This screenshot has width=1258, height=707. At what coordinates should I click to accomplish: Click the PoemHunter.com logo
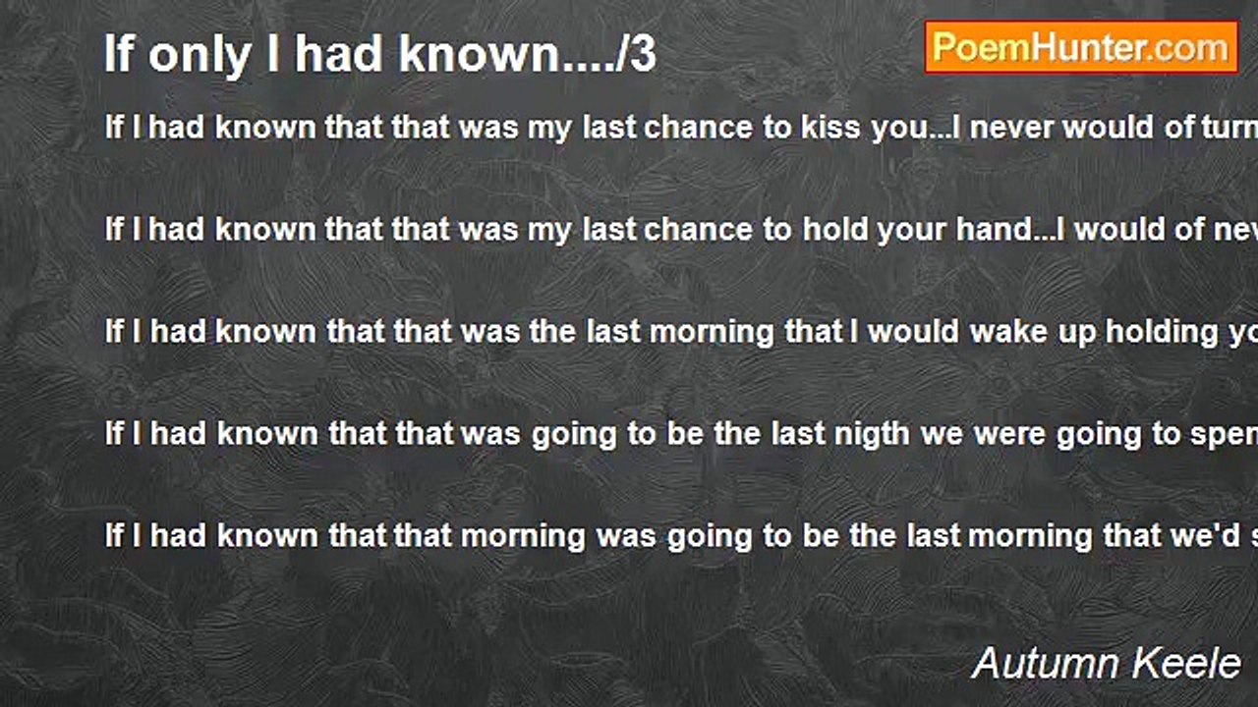coord(1081,47)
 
